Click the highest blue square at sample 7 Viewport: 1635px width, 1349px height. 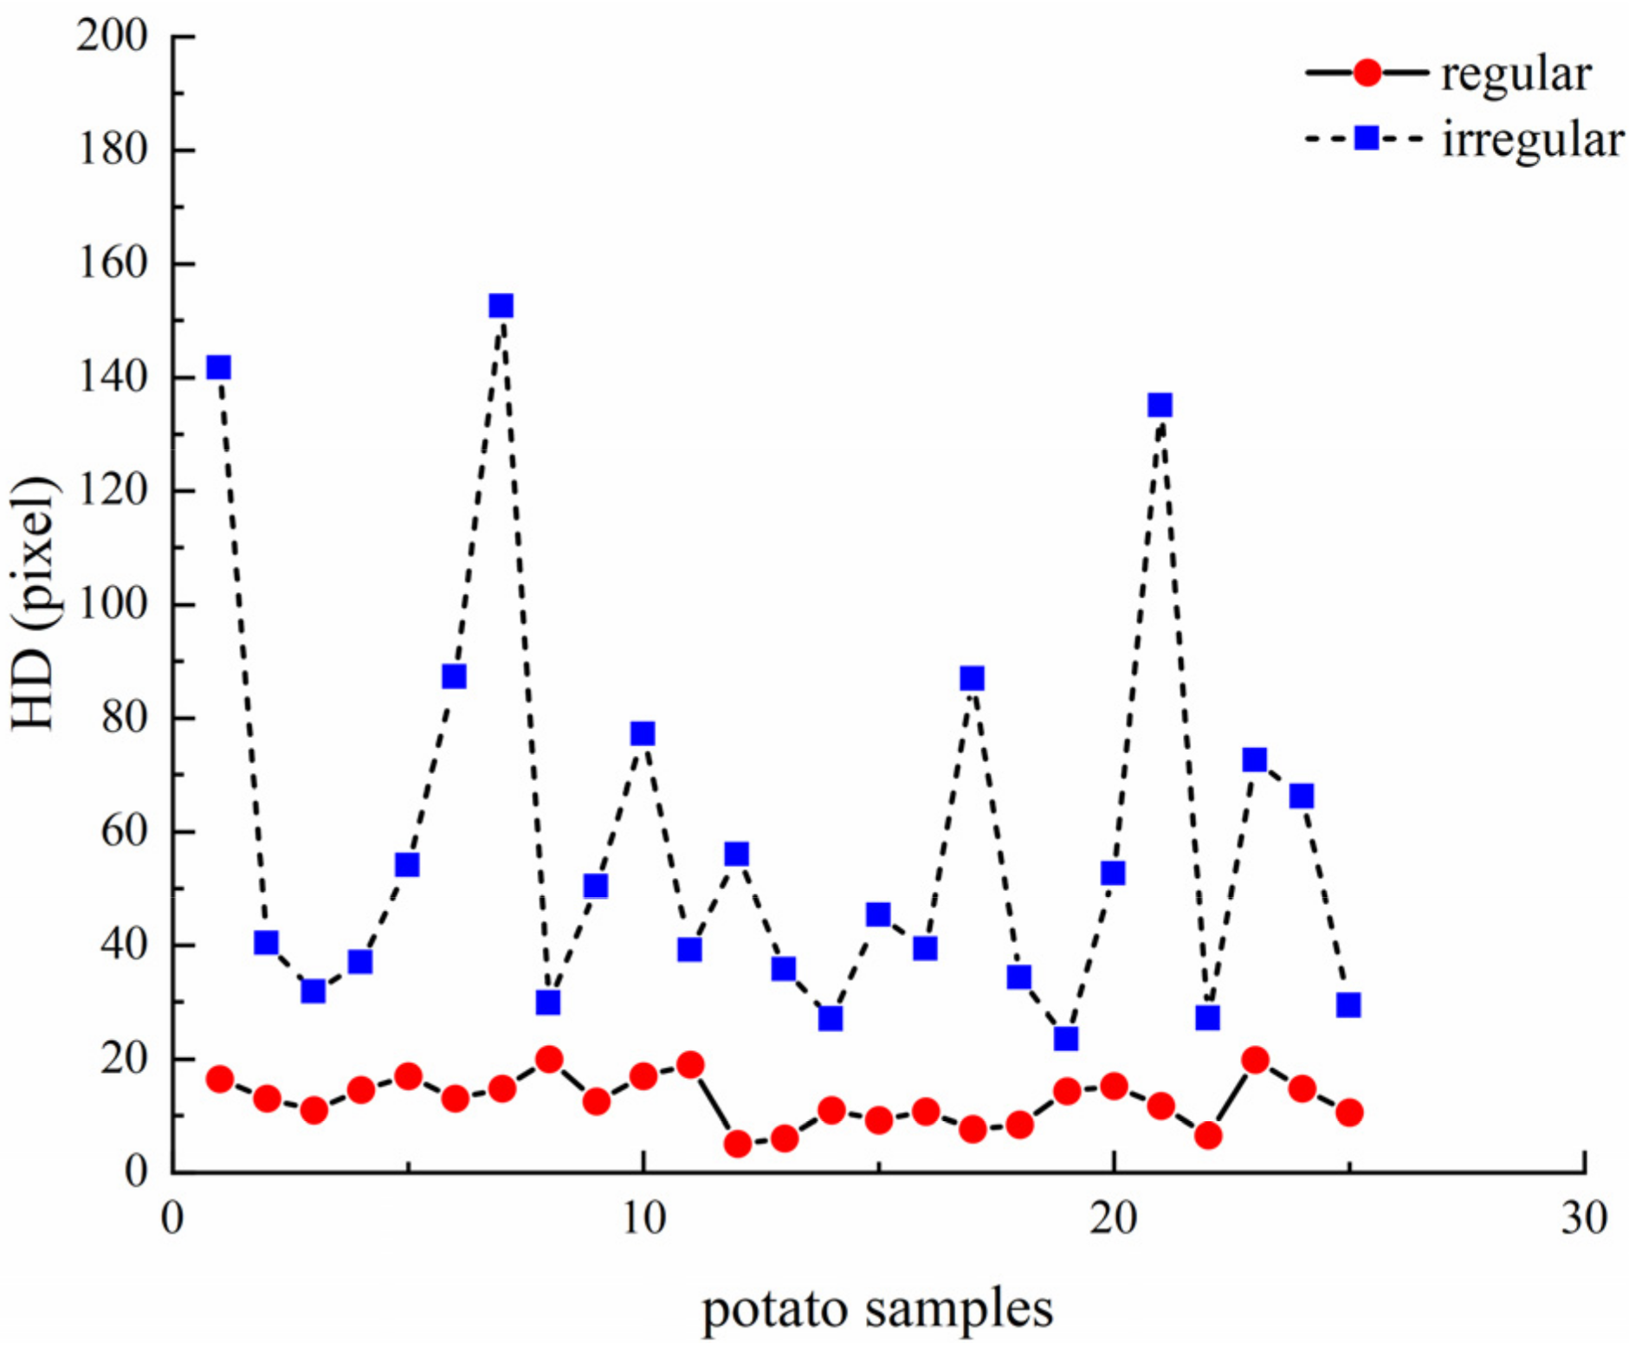pyautogui.click(x=501, y=306)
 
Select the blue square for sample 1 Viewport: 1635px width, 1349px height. pyautogui.click(x=219, y=368)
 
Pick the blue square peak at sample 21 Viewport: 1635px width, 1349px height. pyautogui.click(x=1160, y=405)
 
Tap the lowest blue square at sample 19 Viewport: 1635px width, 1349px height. pyautogui.click(x=1066, y=1038)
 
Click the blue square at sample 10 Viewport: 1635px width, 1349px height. pyautogui.click(x=643, y=734)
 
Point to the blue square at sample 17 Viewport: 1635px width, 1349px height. pyautogui.click(x=973, y=678)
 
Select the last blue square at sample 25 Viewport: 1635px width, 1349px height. pyautogui.click(x=1348, y=1005)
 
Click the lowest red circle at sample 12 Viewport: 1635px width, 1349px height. pyautogui.click(x=737, y=1145)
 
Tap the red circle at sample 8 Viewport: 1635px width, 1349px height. pyautogui.click(x=549, y=1059)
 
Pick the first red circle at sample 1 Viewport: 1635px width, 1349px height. pyautogui.click(x=220, y=1079)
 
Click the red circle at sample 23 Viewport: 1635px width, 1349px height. pyautogui.click(x=1255, y=1060)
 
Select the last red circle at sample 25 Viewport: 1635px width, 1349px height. pyautogui.click(x=1349, y=1113)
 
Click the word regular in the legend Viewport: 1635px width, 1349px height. pyautogui.click(x=1515, y=75)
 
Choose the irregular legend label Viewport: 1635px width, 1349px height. pyautogui.click(x=1532, y=139)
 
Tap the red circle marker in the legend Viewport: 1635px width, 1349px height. pyautogui.click(x=1367, y=73)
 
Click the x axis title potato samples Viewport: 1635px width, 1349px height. pyautogui.click(x=877, y=1308)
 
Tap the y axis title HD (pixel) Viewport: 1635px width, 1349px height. pyautogui.click(x=35, y=603)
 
